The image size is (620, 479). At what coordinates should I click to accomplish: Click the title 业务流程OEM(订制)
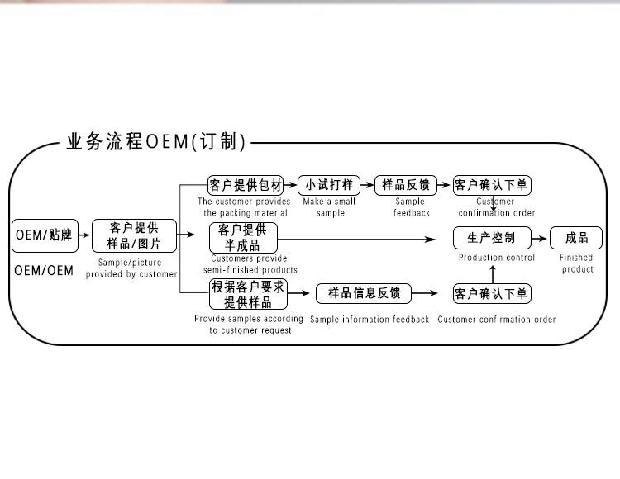[x=156, y=142]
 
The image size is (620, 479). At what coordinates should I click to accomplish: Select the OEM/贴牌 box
[x=45, y=236]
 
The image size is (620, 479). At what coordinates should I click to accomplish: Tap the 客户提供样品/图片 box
[x=134, y=236]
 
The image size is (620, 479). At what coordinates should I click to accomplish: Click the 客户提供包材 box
[x=246, y=185]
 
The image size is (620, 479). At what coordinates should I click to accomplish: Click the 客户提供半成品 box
[x=243, y=238]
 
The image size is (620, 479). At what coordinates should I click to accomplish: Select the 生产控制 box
[x=492, y=238]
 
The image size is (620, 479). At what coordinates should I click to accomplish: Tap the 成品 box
[x=577, y=238]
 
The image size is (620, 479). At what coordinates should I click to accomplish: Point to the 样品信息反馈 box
[x=365, y=293]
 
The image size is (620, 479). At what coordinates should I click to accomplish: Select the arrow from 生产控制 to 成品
[x=541, y=238]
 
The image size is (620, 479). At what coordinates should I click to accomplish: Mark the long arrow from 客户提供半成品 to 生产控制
[x=355, y=239]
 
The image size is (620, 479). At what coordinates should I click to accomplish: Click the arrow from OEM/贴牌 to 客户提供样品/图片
[x=84, y=236]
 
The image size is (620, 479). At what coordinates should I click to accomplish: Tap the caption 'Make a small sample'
[x=330, y=206]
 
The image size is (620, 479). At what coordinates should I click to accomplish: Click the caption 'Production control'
[x=497, y=258]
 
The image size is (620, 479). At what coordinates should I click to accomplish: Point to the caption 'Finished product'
[x=577, y=263]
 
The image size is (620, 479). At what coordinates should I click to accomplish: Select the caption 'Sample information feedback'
[x=370, y=320]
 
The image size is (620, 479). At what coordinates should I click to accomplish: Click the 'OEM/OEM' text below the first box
[x=44, y=271]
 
